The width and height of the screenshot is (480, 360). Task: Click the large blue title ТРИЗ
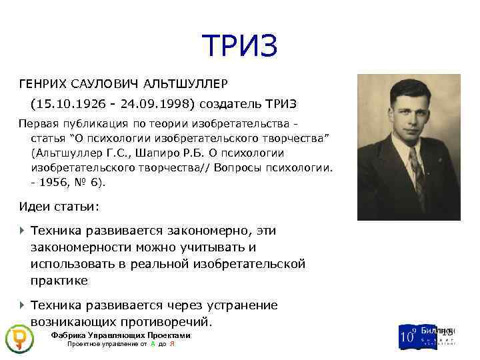click(239, 46)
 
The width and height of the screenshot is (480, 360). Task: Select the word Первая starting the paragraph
click(38, 125)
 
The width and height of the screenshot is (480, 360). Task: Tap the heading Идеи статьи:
click(59, 207)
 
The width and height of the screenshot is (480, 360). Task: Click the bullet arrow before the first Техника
click(22, 230)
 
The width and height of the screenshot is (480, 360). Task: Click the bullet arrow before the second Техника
click(22, 305)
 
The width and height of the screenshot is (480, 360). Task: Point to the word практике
click(59, 281)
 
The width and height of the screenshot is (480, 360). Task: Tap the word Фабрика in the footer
click(69, 335)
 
